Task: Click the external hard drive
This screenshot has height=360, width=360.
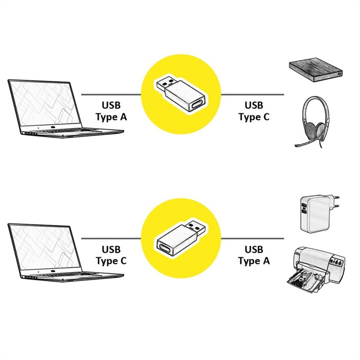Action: point(316,70)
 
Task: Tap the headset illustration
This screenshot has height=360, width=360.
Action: point(313,122)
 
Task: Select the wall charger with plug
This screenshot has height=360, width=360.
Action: point(318,214)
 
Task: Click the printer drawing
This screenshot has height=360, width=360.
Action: point(316,270)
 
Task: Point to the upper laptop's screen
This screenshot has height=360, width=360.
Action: point(45,105)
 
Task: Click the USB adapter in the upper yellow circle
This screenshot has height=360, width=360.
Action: point(181,94)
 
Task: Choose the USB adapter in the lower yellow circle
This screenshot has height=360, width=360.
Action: point(181,238)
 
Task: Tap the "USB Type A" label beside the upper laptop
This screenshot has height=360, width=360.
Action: point(111,111)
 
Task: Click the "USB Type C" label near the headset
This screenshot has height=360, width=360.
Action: point(254,111)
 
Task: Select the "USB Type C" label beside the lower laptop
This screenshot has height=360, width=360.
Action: point(111,255)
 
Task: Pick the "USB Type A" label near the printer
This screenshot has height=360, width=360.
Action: point(254,255)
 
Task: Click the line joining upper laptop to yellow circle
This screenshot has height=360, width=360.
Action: point(111,94)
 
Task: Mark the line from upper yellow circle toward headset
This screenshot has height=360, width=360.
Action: point(253,94)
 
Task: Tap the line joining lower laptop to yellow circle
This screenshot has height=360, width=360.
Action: point(111,238)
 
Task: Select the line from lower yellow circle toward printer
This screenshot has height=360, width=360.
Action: point(253,238)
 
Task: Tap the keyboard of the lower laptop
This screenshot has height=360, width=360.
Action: point(69,274)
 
